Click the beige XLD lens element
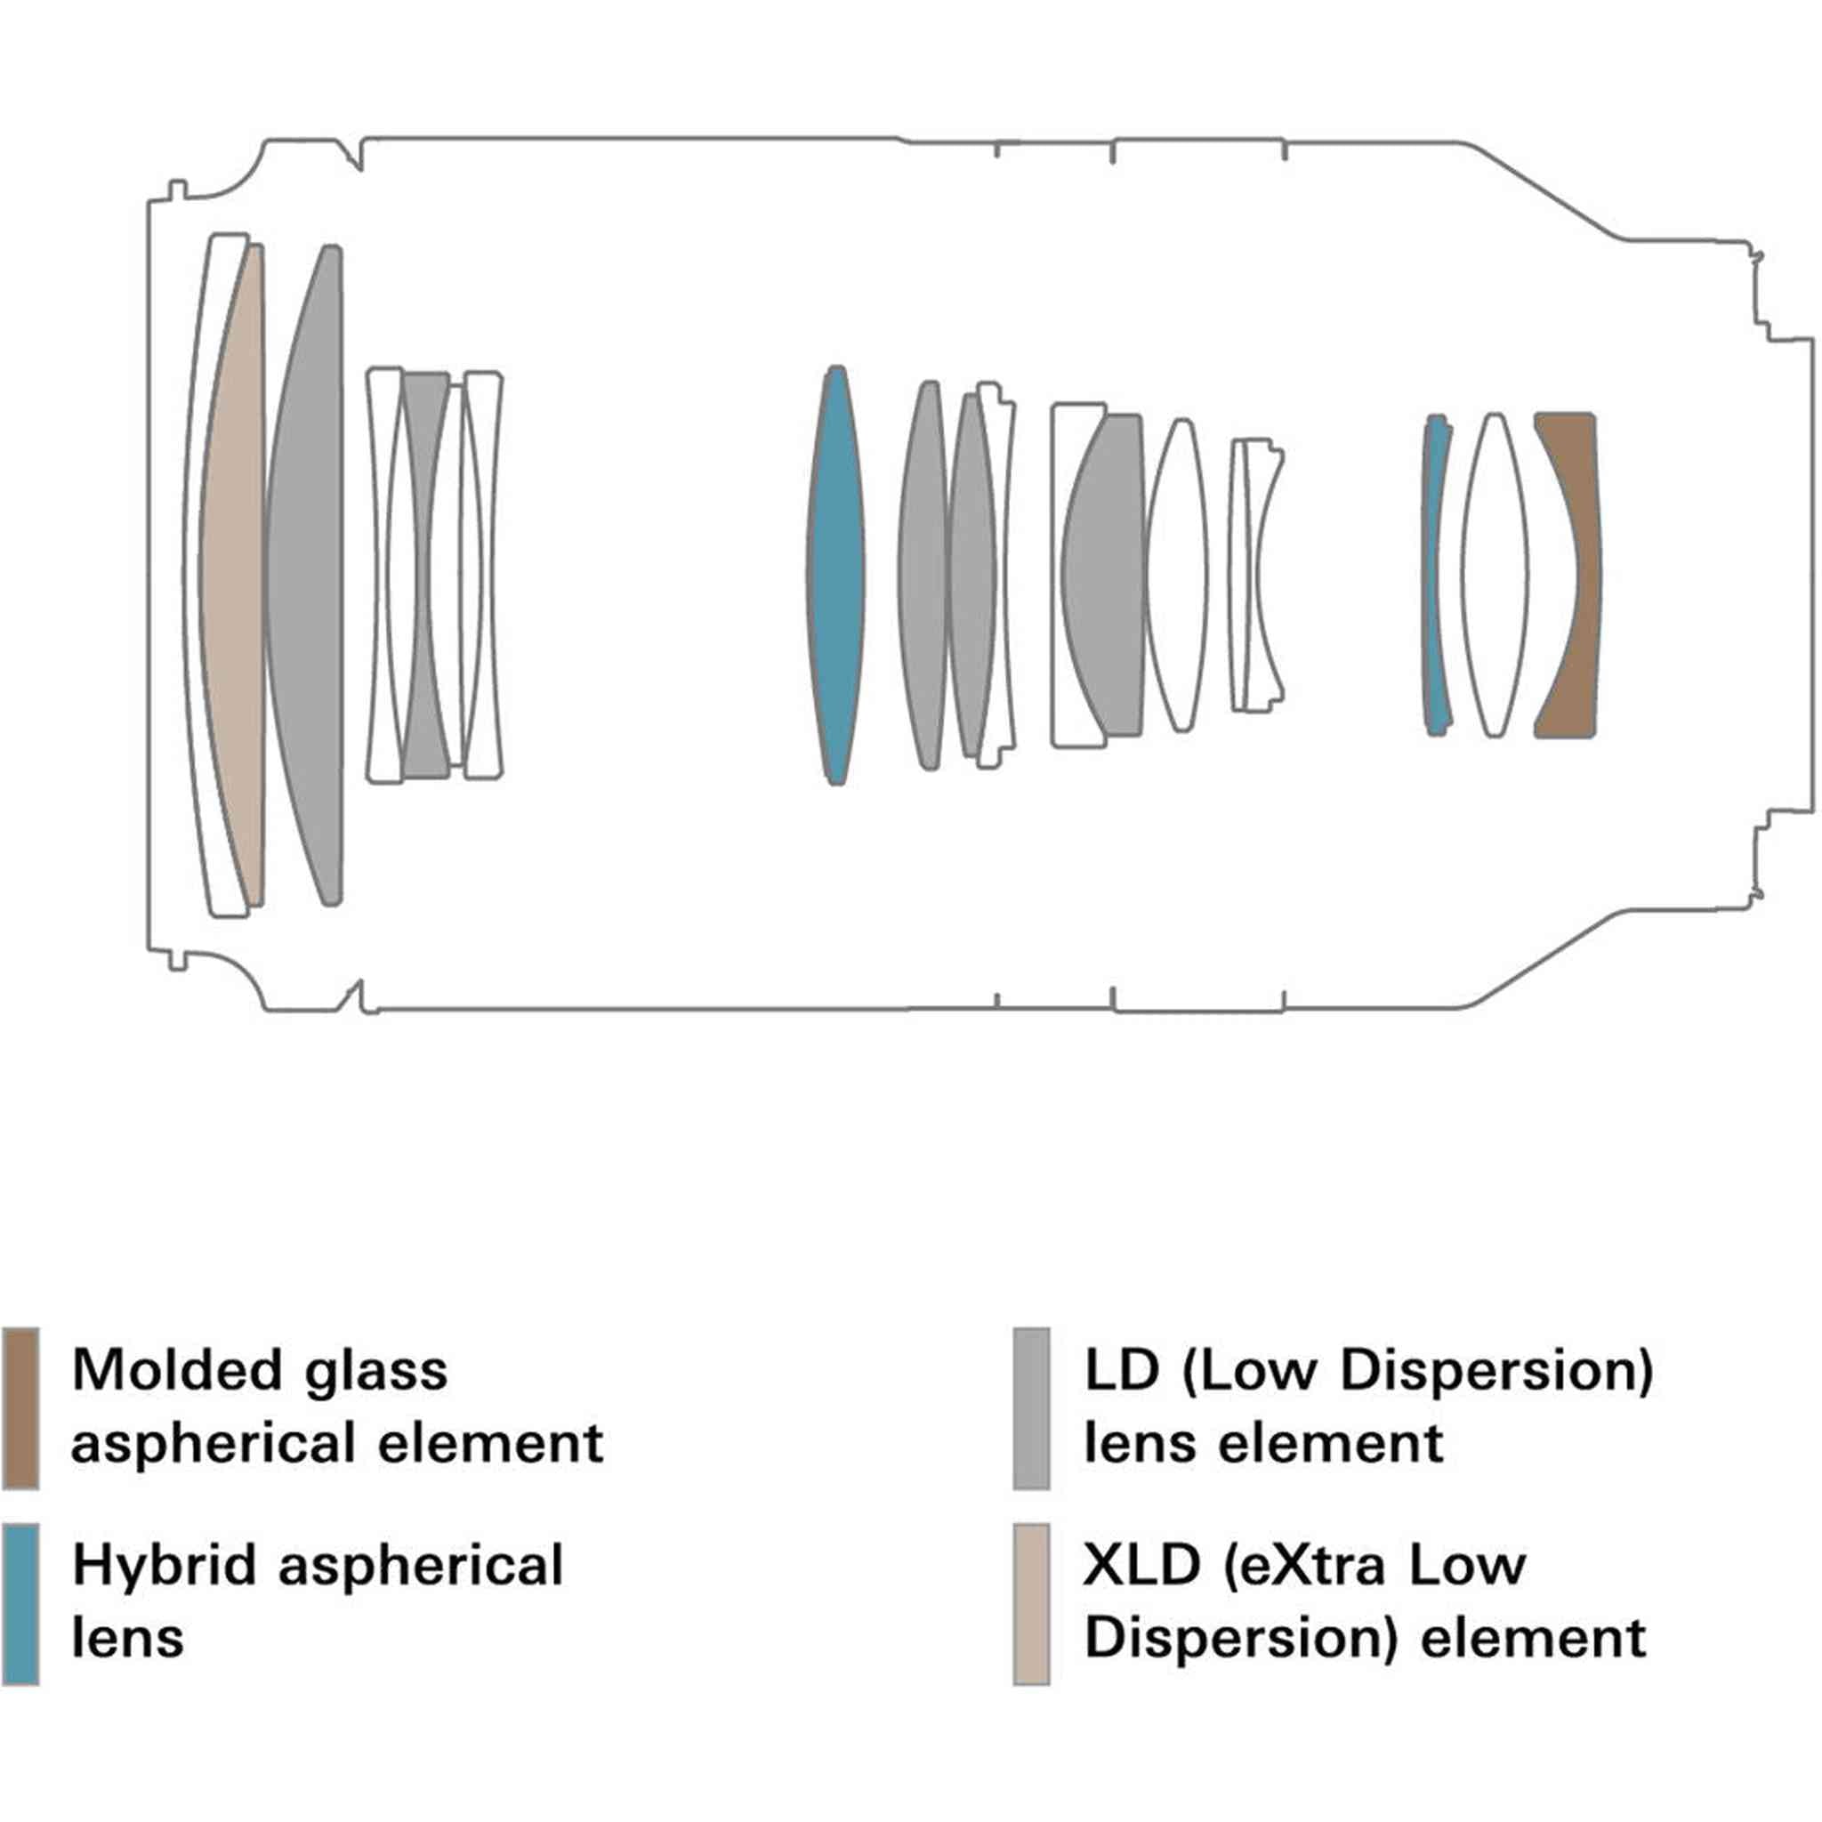[x=232, y=576]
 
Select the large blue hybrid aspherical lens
[x=836, y=576]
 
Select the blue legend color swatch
[x=20, y=1603]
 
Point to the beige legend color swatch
[x=1031, y=1603]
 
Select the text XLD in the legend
[x=1141, y=1566]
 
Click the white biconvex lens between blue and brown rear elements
[x=1495, y=576]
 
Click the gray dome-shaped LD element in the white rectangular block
[x=1103, y=576]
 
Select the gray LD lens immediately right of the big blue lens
[x=923, y=576]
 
